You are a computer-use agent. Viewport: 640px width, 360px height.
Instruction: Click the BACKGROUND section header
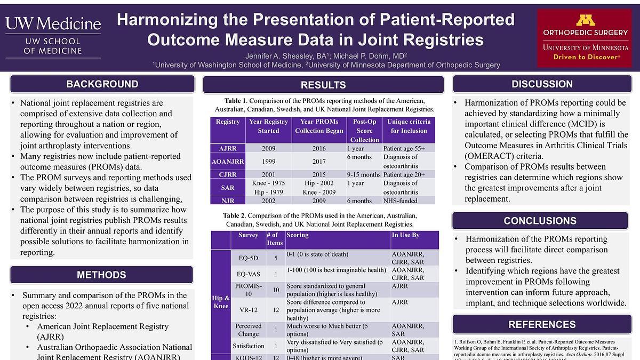102,84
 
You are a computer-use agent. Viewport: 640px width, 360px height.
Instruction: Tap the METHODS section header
101,275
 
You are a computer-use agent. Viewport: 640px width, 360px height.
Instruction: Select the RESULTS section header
323,85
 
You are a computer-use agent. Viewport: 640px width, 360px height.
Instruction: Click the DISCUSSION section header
542,84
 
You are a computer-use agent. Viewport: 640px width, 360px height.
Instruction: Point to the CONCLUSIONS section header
540,221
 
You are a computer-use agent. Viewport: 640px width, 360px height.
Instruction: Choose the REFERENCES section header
541,324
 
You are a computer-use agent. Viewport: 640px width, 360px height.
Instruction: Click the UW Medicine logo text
53,24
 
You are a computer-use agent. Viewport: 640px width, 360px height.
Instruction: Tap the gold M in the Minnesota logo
586,20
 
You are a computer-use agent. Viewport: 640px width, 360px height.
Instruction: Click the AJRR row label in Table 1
228,148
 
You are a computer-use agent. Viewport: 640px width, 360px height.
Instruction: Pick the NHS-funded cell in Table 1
400,201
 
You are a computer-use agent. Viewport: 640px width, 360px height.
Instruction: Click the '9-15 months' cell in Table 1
364,174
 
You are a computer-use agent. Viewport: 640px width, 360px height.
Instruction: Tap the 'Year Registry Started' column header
268,126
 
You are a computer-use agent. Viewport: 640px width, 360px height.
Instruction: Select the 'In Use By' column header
405,235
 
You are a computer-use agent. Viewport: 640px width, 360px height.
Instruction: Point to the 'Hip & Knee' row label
221,302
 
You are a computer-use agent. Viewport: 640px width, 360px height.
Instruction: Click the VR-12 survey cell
249,309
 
